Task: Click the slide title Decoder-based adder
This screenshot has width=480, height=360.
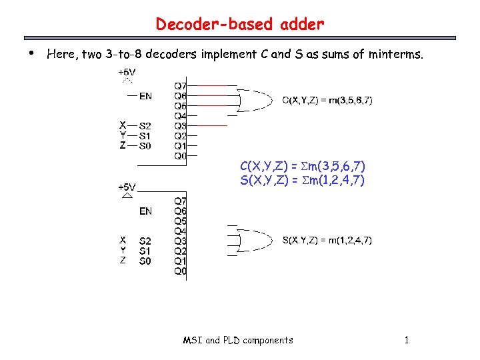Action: pos(240,25)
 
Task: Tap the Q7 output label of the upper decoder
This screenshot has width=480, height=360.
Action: pos(181,86)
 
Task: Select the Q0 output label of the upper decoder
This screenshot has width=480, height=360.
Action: pos(181,155)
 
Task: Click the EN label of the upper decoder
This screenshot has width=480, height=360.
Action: pos(145,96)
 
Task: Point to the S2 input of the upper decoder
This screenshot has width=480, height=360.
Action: pos(145,125)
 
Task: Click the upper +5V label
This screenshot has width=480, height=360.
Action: pos(127,71)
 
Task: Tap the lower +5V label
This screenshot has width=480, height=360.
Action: pos(127,187)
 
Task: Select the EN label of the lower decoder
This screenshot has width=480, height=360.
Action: pos(145,211)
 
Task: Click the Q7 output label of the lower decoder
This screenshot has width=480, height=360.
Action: pos(181,201)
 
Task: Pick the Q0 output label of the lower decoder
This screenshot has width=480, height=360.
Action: pos(181,271)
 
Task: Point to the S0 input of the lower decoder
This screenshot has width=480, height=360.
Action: pos(145,261)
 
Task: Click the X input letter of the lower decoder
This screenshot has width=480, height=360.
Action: pos(123,240)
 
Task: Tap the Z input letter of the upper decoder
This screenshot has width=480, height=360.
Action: pos(123,145)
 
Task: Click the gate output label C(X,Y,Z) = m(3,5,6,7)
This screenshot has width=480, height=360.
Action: pos(327,101)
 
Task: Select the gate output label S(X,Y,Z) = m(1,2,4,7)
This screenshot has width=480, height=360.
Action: pos(327,240)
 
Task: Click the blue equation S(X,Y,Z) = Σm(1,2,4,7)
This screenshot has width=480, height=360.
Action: pos(302,180)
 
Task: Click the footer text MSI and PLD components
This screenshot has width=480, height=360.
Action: pos(238,340)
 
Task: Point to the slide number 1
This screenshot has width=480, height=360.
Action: pos(406,340)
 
